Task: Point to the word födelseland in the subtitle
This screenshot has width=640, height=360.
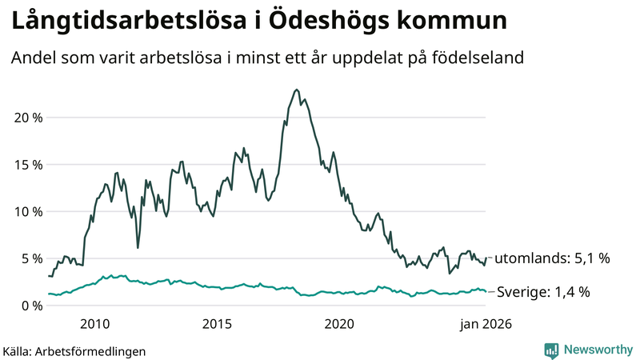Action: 478,58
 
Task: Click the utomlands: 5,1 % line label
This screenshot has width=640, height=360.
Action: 552,258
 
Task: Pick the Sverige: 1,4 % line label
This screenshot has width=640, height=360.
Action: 544,292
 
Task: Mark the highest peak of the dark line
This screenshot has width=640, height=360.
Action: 297,90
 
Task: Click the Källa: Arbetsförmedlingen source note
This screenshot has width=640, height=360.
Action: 74,350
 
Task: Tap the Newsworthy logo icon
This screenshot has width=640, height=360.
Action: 552,350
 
